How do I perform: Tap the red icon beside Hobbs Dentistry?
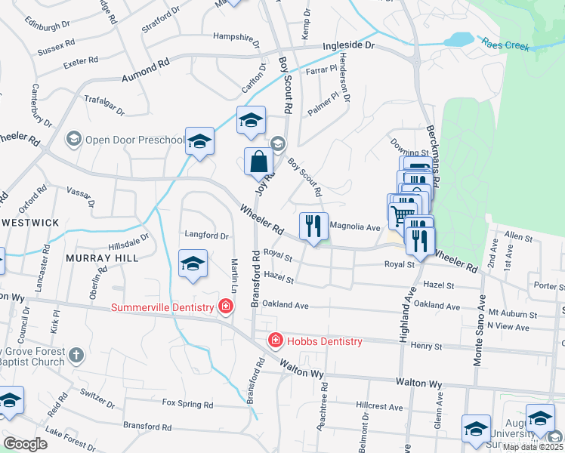click(276, 341)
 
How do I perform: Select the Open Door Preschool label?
click(134, 139)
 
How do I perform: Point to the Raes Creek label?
click(508, 45)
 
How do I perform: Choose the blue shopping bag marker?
click(258, 161)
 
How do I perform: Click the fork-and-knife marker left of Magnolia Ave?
click(313, 225)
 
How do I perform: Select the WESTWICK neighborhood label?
click(29, 223)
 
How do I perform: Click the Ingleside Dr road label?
click(348, 46)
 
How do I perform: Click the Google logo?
click(25, 444)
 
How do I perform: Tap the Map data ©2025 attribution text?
click(532, 447)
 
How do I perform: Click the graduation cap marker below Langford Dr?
click(193, 263)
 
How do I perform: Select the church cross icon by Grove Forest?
click(76, 355)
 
